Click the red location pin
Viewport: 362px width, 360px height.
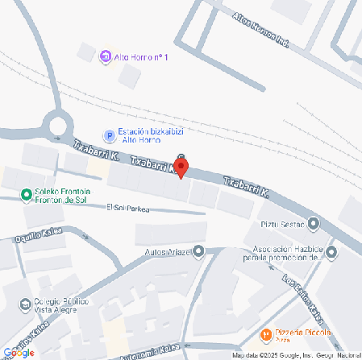coord(181,168)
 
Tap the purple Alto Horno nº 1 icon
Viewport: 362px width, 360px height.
coord(105,56)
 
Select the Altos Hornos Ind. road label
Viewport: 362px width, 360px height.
coord(260,30)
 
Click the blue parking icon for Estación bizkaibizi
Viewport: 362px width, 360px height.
coord(109,134)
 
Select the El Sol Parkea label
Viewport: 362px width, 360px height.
coord(129,209)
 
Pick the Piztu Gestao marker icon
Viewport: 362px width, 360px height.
coord(314,223)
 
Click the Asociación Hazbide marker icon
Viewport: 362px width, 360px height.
coord(331,252)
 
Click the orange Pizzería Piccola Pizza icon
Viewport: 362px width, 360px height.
coord(265,333)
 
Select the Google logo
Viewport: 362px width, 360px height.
coord(19,352)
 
